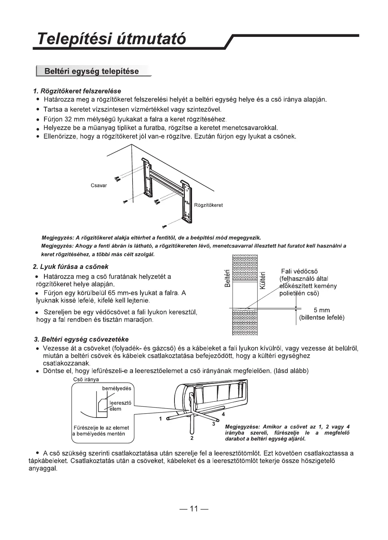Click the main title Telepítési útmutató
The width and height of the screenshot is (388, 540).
point(112,39)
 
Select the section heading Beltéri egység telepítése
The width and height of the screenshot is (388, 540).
point(91,71)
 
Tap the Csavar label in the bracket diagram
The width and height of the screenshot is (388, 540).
point(99,185)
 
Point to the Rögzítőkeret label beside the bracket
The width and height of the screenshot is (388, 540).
point(209,205)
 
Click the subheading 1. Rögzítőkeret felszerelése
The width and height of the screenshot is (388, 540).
point(77,91)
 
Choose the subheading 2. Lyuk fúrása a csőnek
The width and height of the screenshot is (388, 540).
point(71,267)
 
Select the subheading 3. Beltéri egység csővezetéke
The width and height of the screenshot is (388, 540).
point(81,339)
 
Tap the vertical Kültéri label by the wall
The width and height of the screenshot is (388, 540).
point(262,280)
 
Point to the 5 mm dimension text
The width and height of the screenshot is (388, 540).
point(322,310)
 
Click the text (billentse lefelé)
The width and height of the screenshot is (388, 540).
point(322,318)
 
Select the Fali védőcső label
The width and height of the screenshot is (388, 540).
point(299,271)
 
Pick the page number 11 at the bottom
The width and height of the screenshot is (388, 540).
point(194,509)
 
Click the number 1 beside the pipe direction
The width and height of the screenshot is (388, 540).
point(161,418)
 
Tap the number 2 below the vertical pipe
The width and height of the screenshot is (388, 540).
point(192,438)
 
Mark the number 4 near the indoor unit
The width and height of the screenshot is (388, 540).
point(224,414)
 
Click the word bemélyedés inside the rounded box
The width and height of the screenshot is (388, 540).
point(117,389)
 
